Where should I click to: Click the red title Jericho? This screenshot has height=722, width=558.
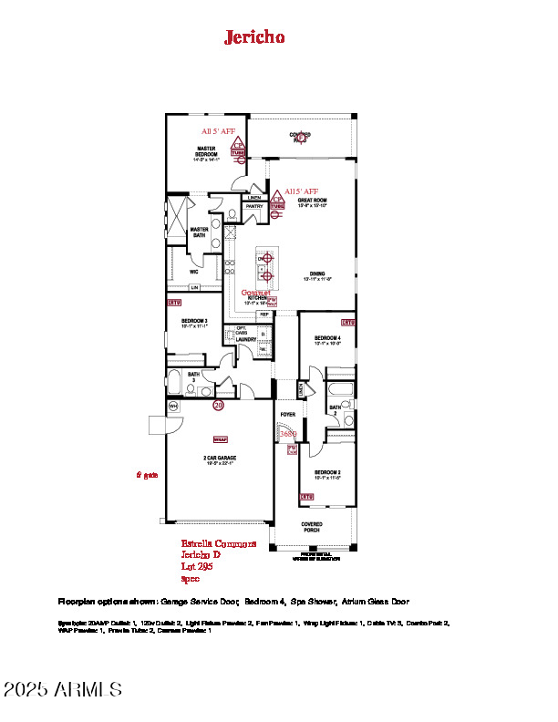click(x=254, y=36)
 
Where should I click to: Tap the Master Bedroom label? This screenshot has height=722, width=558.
click(x=205, y=150)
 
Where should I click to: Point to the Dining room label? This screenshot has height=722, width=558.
click(x=316, y=273)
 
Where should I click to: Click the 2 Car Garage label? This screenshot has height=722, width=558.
click(x=218, y=458)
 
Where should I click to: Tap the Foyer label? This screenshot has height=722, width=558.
click(x=287, y=414)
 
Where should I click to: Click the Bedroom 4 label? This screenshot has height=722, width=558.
click(x=326, y=339)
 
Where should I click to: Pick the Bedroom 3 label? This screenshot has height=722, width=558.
click(x=194, y=321)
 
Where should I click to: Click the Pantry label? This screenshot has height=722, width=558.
click(x=254, y=206)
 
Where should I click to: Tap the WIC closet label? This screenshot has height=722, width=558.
click(x=194, y=271)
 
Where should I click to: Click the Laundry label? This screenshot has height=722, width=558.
click(x=246, y=339)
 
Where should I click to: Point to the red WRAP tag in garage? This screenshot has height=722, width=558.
click(x=219, y=438)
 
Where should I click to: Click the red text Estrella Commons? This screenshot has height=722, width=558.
click(x=218, y=543)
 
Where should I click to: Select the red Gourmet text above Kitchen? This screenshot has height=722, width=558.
click(x=255, y=293)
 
